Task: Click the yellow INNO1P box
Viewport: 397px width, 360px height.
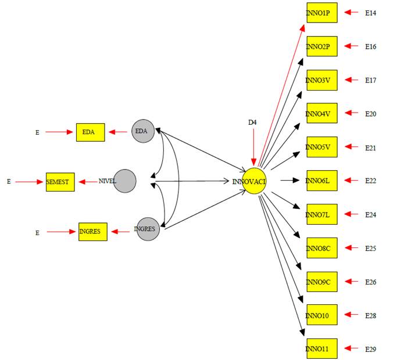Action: coord(321,12)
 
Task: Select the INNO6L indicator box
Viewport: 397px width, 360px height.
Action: coord(321,181)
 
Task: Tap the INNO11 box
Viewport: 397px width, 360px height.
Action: coord(321,348)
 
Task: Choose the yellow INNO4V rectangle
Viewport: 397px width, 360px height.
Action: coord(321,113)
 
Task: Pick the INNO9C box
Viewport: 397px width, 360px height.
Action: coord(321,282)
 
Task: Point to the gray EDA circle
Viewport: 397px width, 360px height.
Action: coord(142,131)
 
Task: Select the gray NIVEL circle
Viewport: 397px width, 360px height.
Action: coord(125,181)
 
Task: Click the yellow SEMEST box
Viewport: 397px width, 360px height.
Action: coord(60,182)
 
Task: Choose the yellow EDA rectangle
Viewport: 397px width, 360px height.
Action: coord(90,132)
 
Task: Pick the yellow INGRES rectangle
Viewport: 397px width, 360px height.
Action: coord(93,232)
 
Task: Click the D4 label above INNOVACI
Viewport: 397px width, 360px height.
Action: coord(252,122)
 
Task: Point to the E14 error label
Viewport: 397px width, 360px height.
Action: coord(370,12)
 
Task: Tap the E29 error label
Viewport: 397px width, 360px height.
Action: coord(370,349)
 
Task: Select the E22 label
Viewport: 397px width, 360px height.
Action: coord(370,181)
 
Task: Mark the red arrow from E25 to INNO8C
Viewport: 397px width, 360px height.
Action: coord(351,248)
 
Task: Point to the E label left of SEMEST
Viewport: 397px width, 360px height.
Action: coord(9,182)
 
